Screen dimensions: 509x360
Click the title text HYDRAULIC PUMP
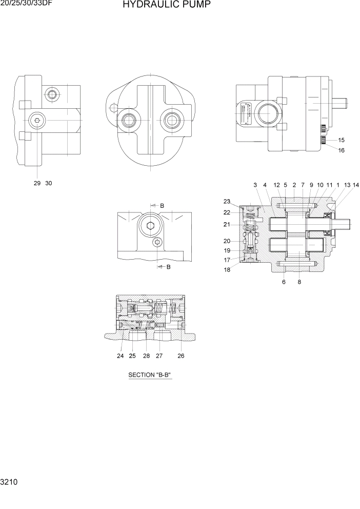click(x=166, y=6)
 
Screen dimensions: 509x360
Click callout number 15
click(x=342, y=140)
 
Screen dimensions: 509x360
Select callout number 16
click(x=342, y=151)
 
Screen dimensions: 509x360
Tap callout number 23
click(x=227, y=201)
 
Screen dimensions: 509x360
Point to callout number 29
click(x=37, y=183)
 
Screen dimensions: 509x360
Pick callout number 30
click(x=49, y=183)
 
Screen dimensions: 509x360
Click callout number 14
click(x=356, y=185)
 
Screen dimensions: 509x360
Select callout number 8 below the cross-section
click(x=299, y=282)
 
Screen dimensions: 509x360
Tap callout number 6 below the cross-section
click(x=284, y=282)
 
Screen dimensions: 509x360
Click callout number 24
click(x=120, y=356)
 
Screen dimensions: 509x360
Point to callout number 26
click(x=181, y=356)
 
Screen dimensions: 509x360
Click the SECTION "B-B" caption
click(x=149, y=375)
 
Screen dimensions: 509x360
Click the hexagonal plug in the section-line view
click(x=150, y=226)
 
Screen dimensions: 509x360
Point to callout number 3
click(x=255, y=185)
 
